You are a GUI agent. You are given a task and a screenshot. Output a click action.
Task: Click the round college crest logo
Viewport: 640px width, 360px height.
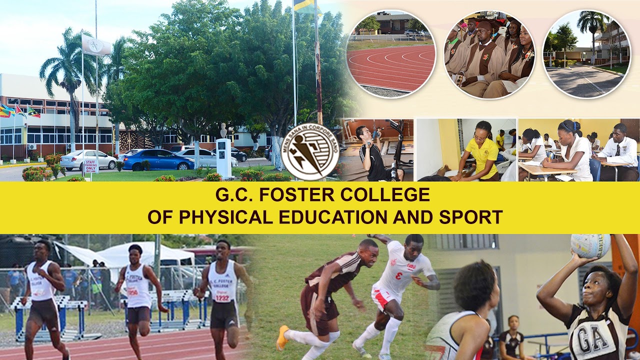tap(310, 151)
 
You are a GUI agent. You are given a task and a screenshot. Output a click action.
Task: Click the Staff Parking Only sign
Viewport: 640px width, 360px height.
tap(91, 166)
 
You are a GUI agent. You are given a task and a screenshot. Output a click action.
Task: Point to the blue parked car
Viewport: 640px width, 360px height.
tap(157, 160)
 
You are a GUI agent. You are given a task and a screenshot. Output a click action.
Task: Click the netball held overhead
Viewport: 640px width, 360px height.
tap(590, 245)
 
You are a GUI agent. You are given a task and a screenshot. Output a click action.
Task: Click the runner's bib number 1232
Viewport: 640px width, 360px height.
tap(222, 297)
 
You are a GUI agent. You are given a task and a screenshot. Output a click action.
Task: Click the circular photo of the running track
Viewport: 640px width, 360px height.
tap(391, 54)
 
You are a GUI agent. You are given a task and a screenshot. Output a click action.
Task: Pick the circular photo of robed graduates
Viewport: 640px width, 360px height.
tap(489, 54)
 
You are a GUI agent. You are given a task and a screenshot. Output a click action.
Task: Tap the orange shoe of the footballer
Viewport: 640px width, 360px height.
tap(282, 337)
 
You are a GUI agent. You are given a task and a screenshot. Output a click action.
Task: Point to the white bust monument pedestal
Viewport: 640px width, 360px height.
tap(223, 157)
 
